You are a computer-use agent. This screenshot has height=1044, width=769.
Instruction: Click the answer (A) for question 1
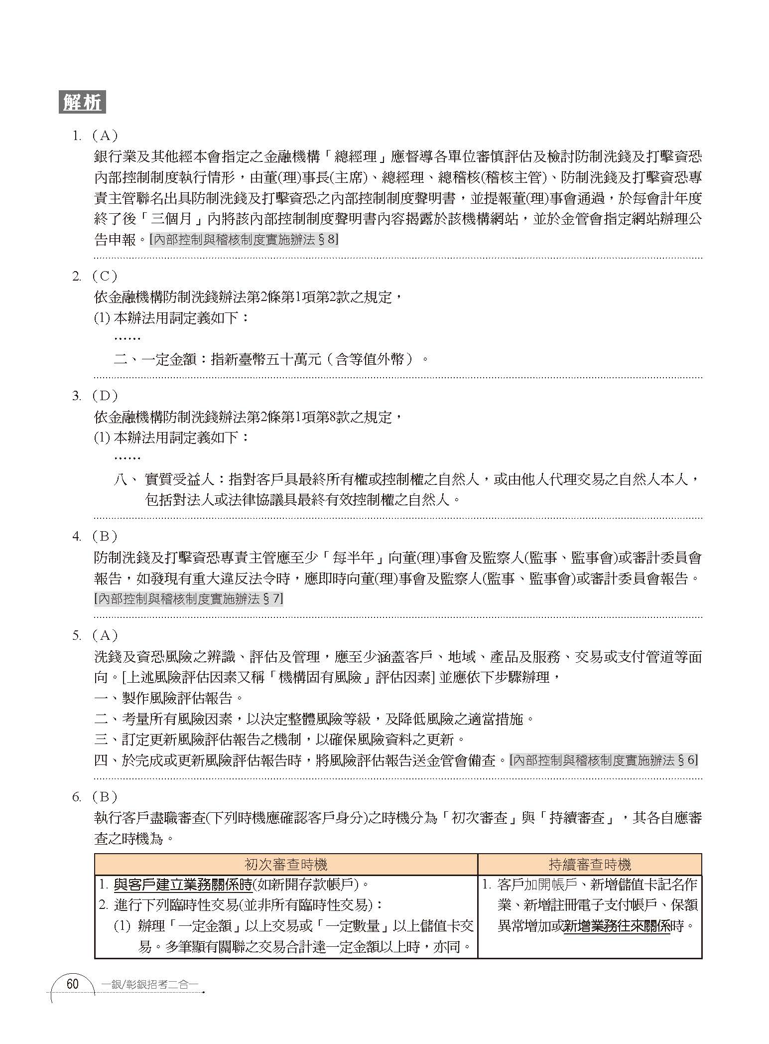(x=104, y=136)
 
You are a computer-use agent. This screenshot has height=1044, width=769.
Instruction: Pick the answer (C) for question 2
(x=104, y=276)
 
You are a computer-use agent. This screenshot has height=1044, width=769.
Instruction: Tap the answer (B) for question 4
(x=104, y=536)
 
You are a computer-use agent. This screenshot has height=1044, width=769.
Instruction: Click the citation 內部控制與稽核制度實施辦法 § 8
(x=244, y=240)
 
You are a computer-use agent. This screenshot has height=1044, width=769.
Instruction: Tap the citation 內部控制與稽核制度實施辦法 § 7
(x=188, y=598)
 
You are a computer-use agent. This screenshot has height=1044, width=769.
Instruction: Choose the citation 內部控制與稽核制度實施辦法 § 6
(x=603, y=760)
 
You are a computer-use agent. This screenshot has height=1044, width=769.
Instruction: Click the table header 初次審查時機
(x=286, y=864)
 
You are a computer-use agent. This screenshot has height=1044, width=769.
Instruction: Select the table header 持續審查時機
(x=589, y=864)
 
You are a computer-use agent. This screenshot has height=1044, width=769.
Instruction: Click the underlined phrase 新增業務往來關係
(x=617, y=926)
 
